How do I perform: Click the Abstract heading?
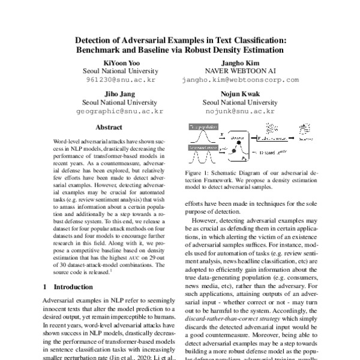coord(109,128)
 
